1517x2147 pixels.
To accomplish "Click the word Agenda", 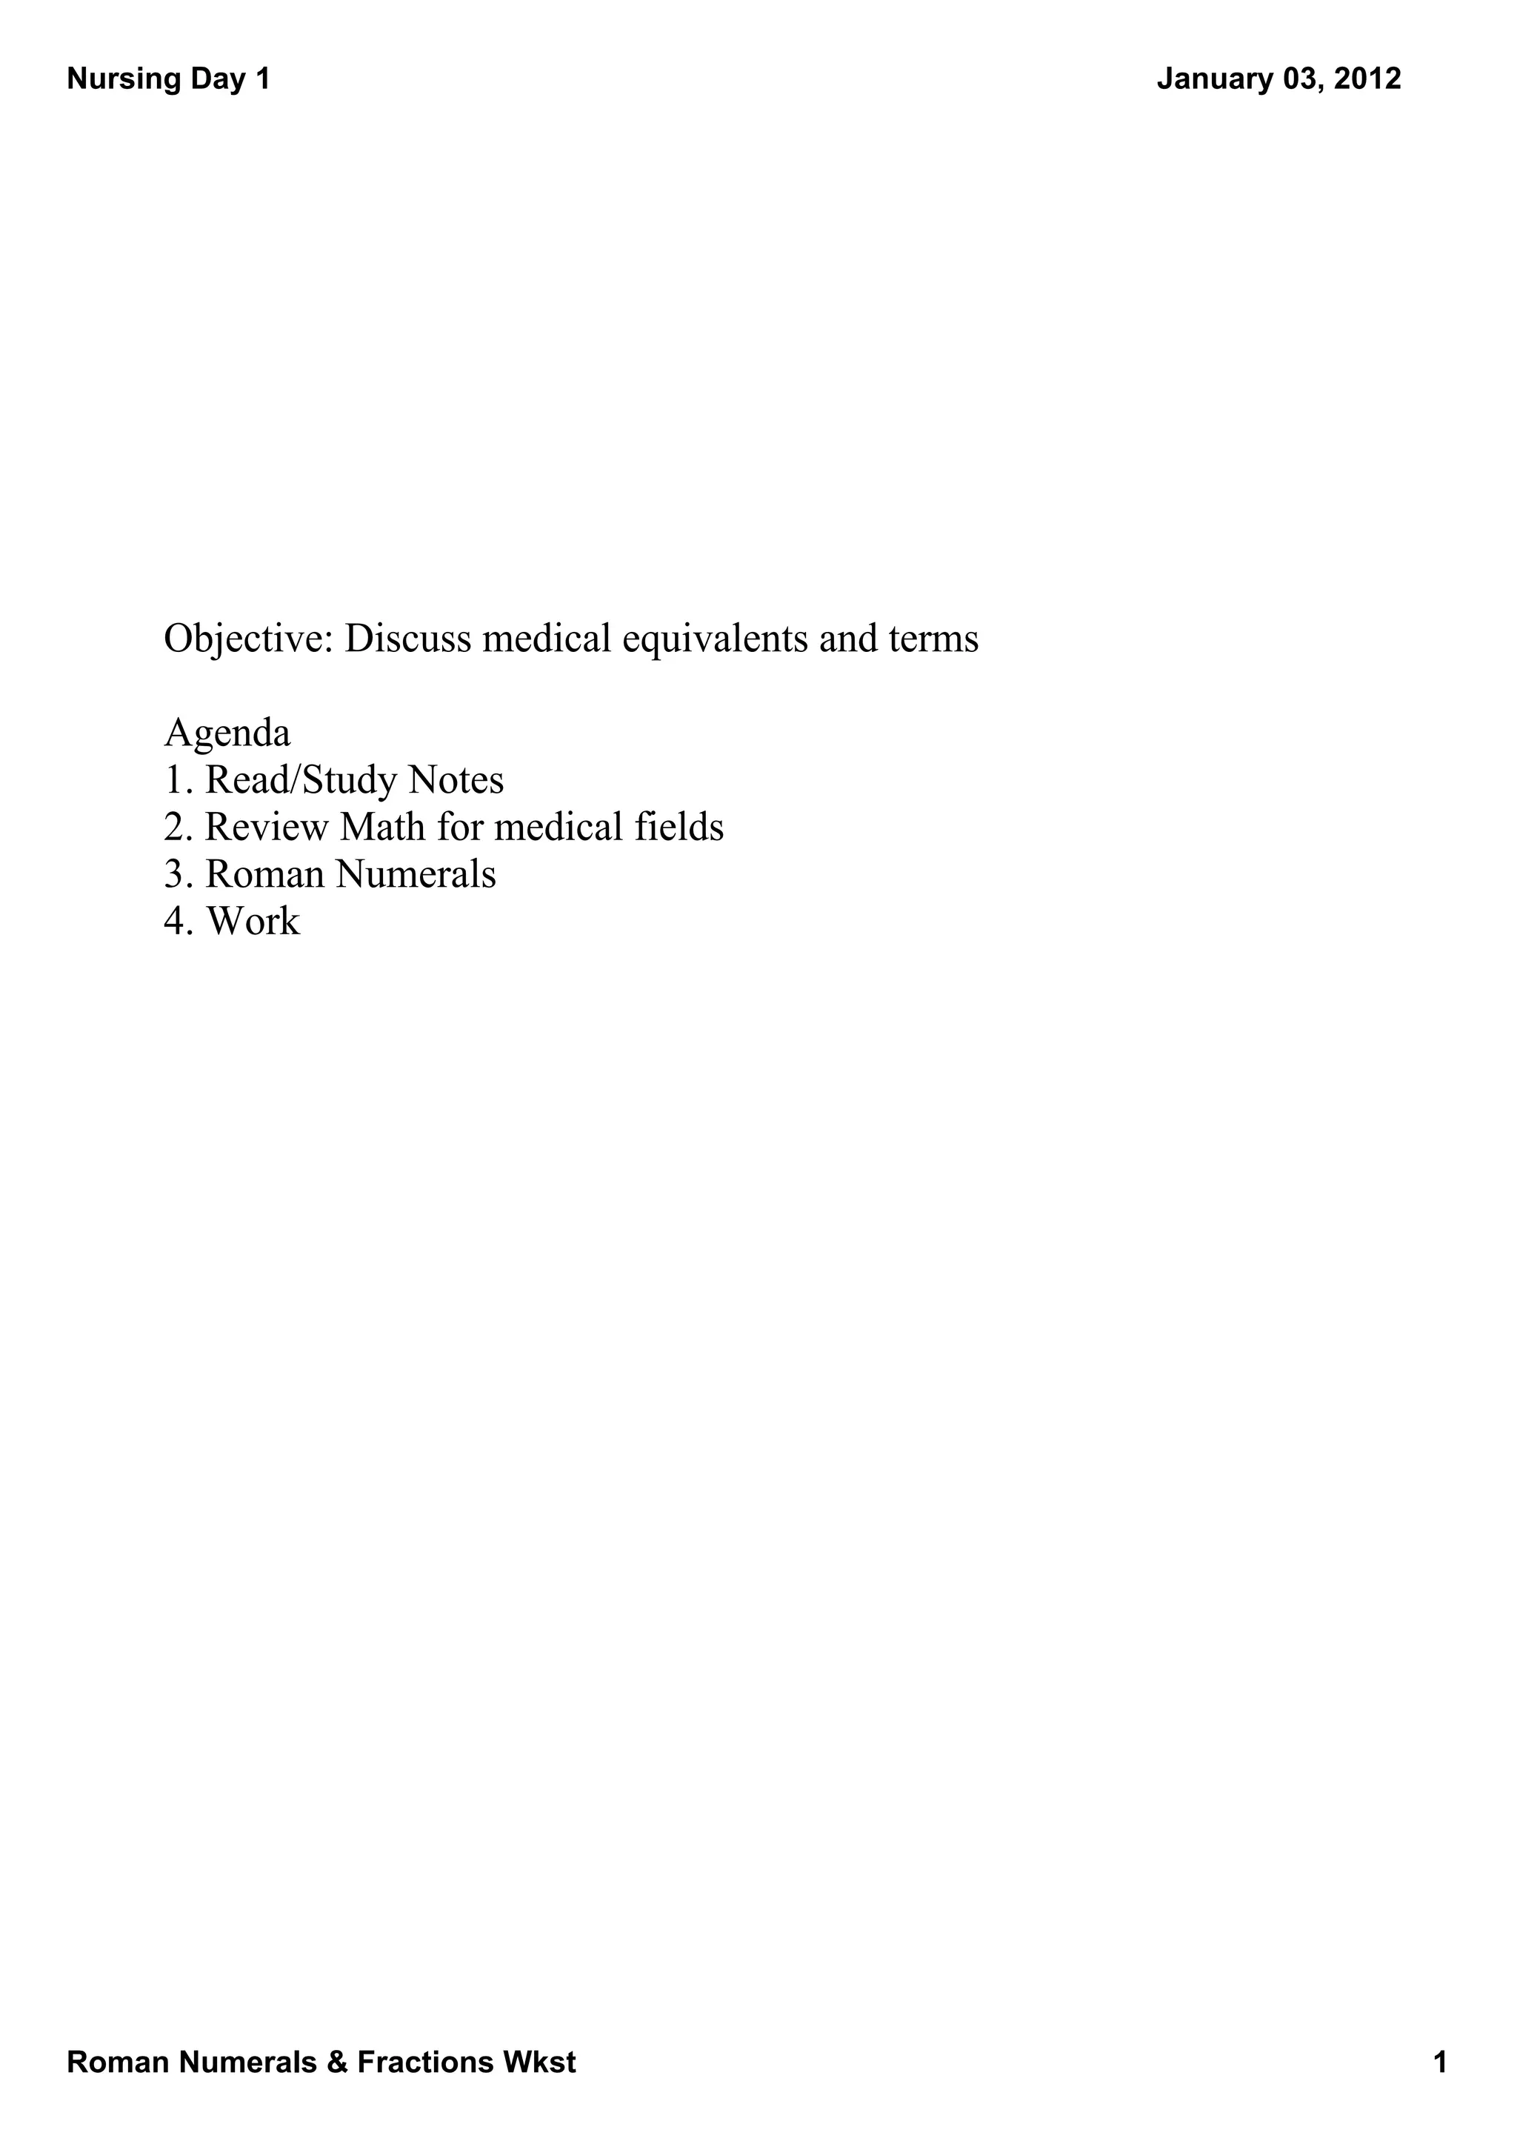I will click(x=227, y=734).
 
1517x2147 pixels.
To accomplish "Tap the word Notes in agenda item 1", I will click(x=457, y=781).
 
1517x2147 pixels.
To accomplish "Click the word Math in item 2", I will click(x=381, y=828).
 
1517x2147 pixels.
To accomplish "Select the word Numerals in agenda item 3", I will click(x=416, y=874).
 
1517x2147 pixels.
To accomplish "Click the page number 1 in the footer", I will click(x=1441, y=2062).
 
